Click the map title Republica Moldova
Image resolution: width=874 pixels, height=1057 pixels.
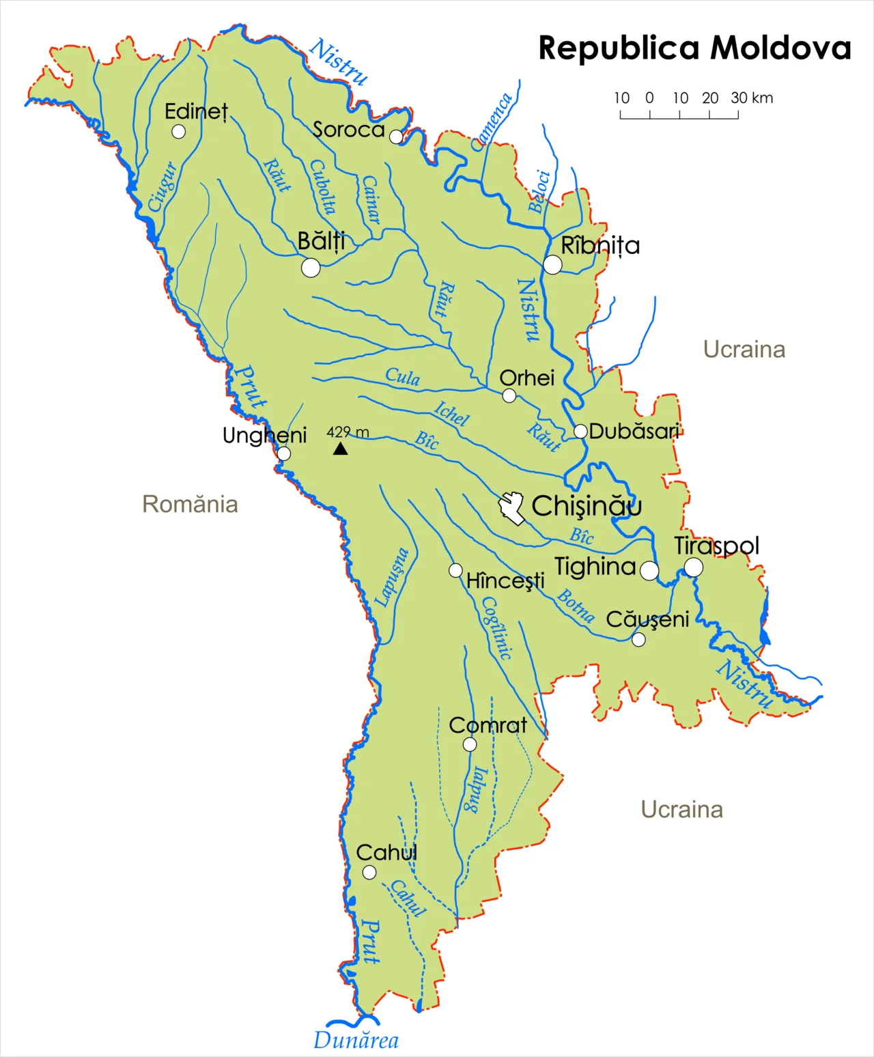click(x=694, y=48)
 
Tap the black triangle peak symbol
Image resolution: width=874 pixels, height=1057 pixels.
click(x=340, y=449)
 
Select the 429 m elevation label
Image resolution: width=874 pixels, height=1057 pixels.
click(x=348, y=432)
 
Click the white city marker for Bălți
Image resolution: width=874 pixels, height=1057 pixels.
click(x=311, y=268)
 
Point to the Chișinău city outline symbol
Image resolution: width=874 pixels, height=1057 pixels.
click(x=511, y=507)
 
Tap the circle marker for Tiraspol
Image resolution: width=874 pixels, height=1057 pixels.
click(x=693, y=567)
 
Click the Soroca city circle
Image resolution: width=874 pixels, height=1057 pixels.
click(x=396, y=137)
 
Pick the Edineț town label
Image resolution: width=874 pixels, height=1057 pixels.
click(x=196, y=111)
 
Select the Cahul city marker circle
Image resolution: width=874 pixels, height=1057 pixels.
click(x=369, y=872)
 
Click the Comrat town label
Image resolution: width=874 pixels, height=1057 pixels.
click(x=488, y=725)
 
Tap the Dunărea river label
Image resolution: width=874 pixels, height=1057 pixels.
click(x=356, y=1041)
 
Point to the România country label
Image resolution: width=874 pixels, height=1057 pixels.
click(x=190, y=504)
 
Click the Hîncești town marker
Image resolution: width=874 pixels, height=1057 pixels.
click(x=455, y=570)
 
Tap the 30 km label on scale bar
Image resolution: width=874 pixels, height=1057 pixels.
click(x=752, y=98)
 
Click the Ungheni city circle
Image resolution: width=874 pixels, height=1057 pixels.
click(x=283, y=453)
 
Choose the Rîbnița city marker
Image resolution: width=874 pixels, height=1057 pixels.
click(x=552, y=264)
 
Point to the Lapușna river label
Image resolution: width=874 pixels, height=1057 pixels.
click(x=393, y=577)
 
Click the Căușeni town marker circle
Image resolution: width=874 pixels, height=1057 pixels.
click(x=638, y=639)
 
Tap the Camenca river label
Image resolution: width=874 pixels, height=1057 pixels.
click(x=492, y=122)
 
